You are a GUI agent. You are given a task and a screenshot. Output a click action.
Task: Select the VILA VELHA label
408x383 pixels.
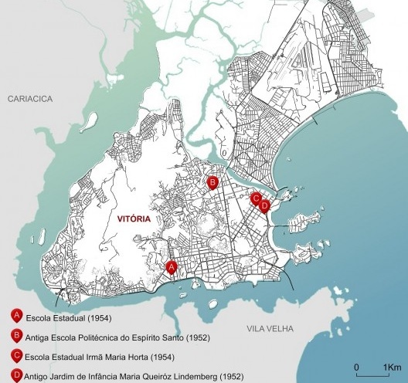point(270,329)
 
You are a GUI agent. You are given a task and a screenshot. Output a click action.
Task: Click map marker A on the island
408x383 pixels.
point(172,266)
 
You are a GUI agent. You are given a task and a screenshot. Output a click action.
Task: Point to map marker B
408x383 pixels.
point(212,182)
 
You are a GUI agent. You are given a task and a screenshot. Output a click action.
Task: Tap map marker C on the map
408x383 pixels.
point(256,198)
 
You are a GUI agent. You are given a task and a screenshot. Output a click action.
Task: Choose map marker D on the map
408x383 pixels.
point(264,205)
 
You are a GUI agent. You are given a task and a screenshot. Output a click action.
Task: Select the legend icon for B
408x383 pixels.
point(15,336)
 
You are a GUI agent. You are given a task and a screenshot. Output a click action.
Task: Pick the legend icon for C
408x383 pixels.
point(15,356)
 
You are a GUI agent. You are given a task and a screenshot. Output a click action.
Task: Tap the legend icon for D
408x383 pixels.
point(15,375)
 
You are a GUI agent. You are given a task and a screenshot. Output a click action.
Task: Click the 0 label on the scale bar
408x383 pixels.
point(356,366)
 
